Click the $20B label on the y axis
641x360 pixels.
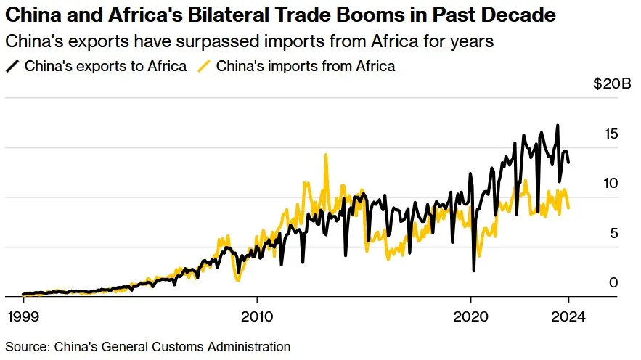pos(612,84)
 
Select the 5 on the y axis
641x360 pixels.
pos(613,233)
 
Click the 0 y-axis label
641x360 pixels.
pos(613,282)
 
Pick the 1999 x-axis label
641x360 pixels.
pos(23,316)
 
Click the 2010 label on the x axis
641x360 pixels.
pos(256,316)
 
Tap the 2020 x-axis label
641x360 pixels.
pos(471,316)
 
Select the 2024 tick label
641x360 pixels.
pos(569,316)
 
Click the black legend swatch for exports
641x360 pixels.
pos(12,66)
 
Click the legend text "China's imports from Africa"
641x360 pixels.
pos(306,66)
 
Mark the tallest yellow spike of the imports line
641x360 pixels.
pos(326,155)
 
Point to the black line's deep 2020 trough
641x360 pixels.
pos(473,270)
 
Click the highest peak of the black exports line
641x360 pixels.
pos(558,126)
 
